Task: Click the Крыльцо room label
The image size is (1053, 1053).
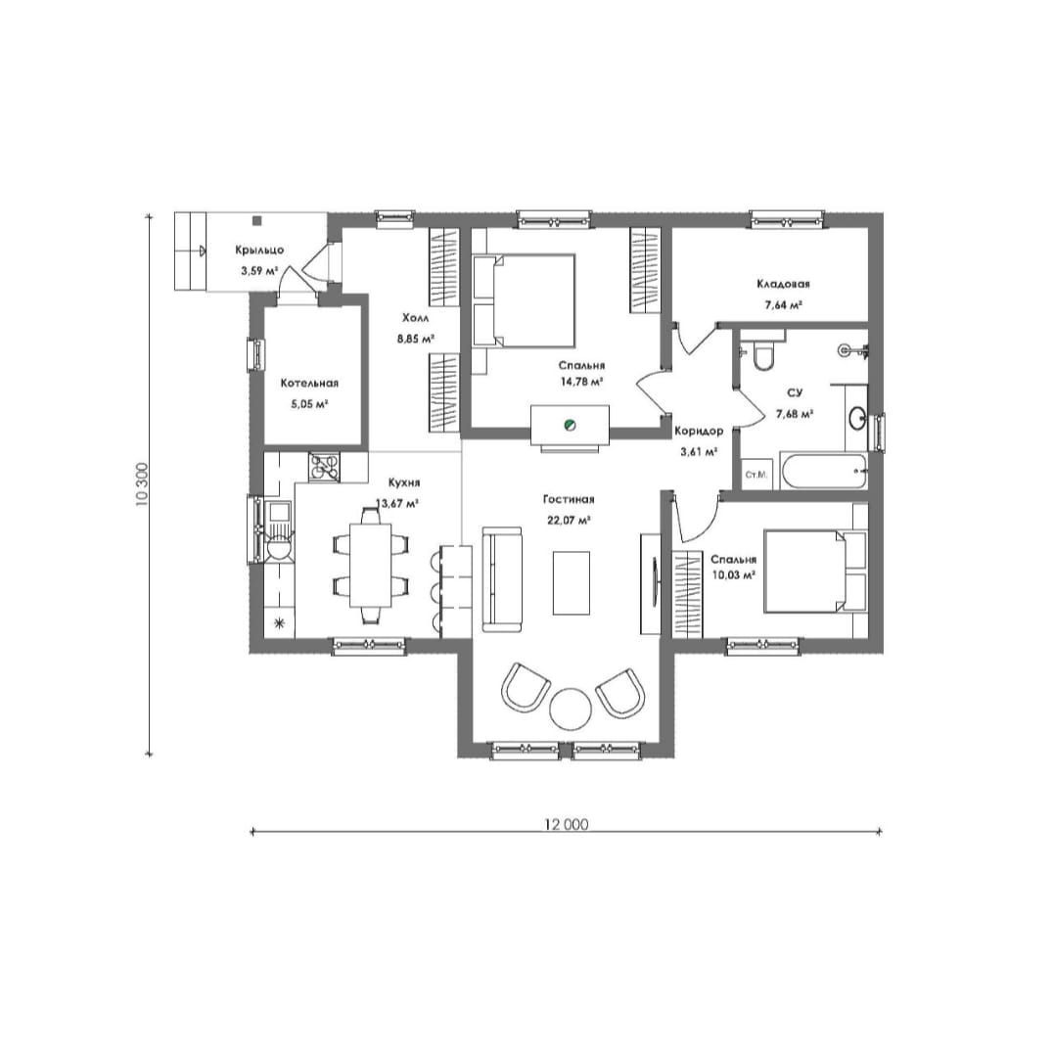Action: pos(259,251)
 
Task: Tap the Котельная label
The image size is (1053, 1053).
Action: pos(309,384)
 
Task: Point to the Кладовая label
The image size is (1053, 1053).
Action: pos(783,284)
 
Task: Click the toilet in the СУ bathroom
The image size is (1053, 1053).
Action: pos(762,356)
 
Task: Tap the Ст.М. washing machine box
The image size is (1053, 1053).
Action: pos(756,475)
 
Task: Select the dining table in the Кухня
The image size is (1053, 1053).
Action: pos(371,565)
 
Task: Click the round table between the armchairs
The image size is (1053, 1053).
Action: pos(571,709)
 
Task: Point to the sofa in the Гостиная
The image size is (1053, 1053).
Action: pos(502,578)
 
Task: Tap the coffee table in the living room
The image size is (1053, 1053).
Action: pos(572,583)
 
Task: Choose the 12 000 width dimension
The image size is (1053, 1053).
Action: pos(566,825)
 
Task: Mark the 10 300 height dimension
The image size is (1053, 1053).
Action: pos(142,484)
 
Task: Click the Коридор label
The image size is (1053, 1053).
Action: pos(699,432)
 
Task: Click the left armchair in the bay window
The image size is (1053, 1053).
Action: pos(526,688)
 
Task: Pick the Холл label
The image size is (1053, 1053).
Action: pos(415,318)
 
